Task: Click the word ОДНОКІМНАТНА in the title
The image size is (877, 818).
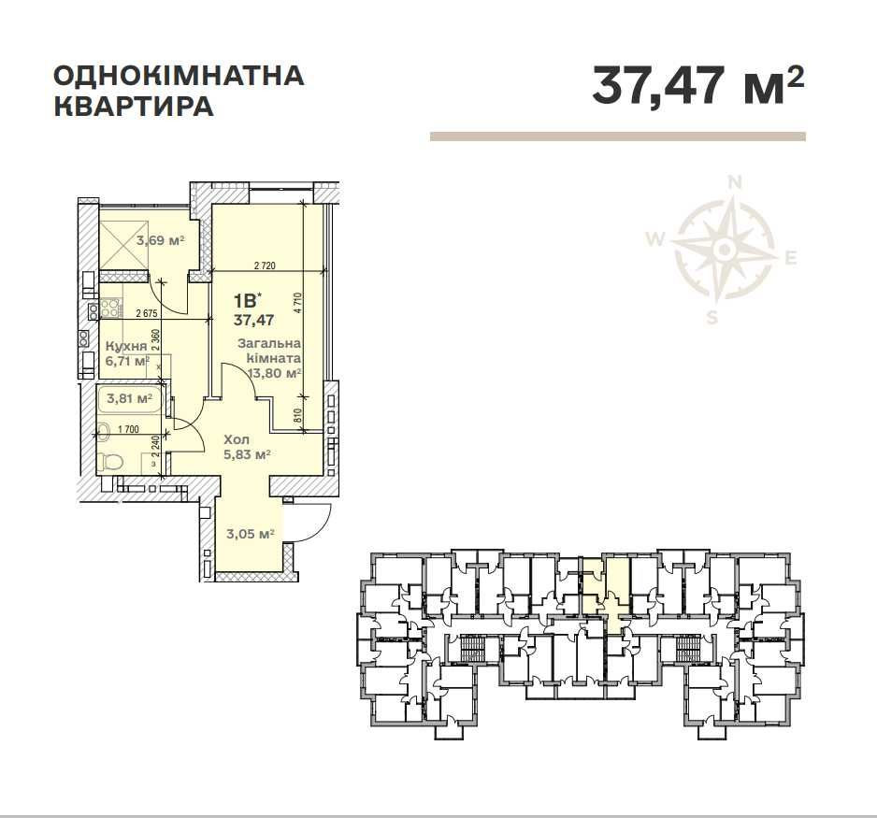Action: tap(179, 75)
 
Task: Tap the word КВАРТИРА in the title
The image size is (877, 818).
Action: tap(134, 106)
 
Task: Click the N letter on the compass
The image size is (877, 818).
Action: tap(736, 182)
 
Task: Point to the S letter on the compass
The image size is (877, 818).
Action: tap(712, 317)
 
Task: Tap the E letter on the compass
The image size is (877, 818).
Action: tap(790, 259)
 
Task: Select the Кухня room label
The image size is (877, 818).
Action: tap(124, 346)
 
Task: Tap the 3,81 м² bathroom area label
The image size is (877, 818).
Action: tap(130, 397)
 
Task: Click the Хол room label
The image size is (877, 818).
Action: tap(236, 438)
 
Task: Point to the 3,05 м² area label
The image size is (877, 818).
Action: tap(250, 534)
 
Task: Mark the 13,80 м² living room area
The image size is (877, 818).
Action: tap(272, 373)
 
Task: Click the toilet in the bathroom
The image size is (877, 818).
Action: tap(111, 461)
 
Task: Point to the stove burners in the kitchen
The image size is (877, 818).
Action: tap(110, 308)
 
